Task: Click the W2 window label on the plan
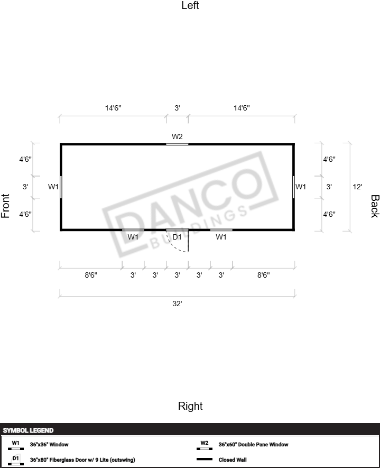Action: click(x=177, y=136)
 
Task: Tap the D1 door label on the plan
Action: click(x=177, y=237)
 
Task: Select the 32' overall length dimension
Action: click(x=177, y=304)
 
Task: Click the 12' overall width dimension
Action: click(x=357, y=187)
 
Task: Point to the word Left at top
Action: click(x=190, y=5)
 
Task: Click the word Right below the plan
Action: click(x=190, y=406)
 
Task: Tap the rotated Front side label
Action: click(x=5, y=206)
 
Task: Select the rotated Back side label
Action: click(x=375, y=206)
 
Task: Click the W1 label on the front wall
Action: click(x=53, y=187)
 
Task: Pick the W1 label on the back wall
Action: click(x=301, y=187)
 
